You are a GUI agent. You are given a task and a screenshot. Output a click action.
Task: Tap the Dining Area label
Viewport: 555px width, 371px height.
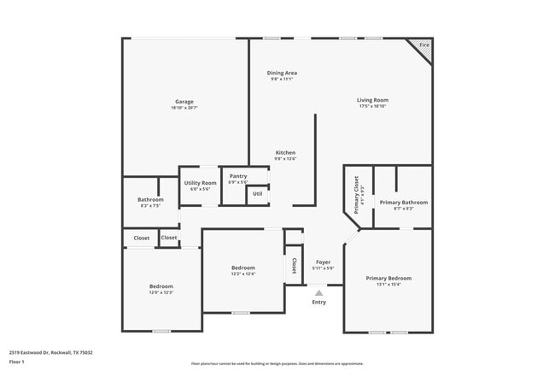click(282, 74)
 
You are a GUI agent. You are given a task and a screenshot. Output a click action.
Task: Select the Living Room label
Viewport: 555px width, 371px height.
click(373, 101)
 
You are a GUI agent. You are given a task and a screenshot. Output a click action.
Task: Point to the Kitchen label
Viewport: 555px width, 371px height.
click(285, 153)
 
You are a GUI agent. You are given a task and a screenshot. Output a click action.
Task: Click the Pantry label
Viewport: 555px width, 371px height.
click(238, 176)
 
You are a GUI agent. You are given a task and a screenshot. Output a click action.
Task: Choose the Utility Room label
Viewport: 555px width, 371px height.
click(200, 182)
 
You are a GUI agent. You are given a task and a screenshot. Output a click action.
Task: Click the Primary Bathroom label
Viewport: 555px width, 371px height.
click(404, 202)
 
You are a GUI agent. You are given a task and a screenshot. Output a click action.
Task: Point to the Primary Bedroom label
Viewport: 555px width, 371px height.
click(388, 278)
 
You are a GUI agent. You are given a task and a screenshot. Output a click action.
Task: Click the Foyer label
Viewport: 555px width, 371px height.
click(324, 262)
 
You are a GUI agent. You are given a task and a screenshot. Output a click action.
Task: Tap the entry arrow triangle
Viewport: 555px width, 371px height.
click(319, 292)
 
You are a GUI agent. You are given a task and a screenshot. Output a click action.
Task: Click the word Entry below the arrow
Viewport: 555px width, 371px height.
click(318, 302)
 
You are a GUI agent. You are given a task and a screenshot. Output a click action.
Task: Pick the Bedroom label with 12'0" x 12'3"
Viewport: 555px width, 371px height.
click(161, 286)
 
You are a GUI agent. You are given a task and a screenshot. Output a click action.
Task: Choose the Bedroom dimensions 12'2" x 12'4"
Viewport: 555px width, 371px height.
click(243, 274)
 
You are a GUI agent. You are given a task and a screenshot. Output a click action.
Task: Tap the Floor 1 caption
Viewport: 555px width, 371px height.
click(17, 362)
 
